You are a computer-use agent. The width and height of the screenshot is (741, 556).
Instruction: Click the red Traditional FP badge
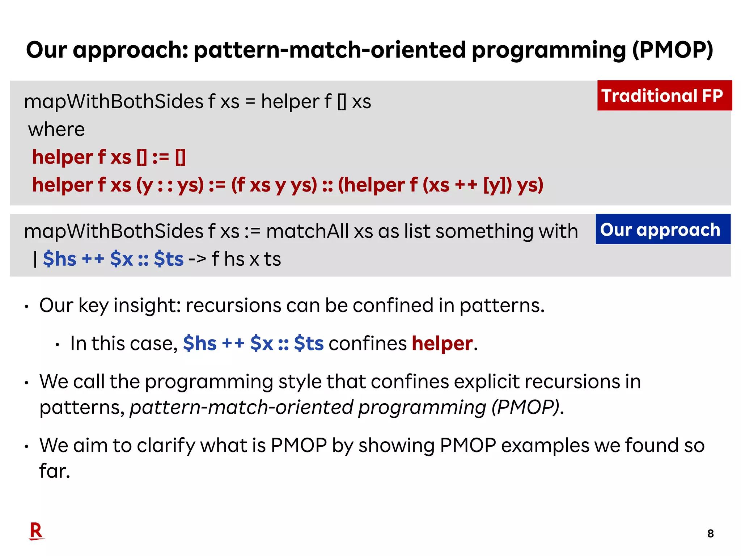pos(664,96)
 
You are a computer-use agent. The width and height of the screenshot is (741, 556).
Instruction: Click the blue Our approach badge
pos(663,229)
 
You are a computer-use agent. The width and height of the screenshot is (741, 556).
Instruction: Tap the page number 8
pos(710,534)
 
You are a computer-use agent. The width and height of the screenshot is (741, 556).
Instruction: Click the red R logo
pos(36,531)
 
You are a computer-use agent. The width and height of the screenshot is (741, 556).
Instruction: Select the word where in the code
pos(56,129)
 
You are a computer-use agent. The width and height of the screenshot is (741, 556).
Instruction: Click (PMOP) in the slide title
pos(672,50)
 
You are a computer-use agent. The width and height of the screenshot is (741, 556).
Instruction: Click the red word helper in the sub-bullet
pos(442,343)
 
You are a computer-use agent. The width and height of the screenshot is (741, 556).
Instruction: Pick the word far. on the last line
pos(55,471)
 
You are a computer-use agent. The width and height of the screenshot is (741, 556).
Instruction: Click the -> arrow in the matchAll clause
pos(197,259)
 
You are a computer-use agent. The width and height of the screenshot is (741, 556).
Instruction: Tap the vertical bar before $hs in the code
pos(35,259)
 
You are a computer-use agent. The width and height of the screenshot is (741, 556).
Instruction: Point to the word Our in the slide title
pos(47,50)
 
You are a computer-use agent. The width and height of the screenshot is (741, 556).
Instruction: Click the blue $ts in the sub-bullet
pos(309,343)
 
